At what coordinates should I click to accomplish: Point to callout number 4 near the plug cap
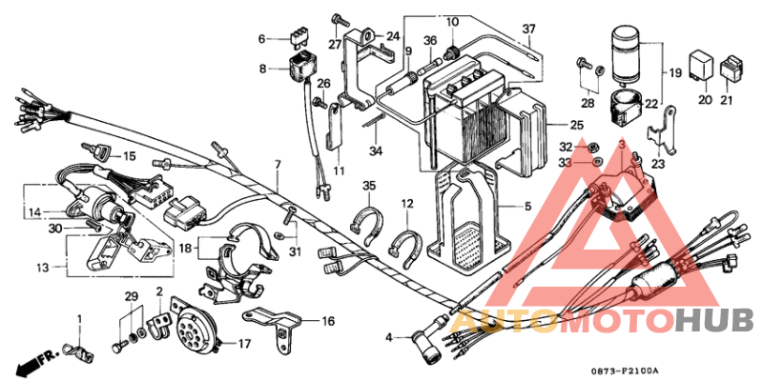pos(389,337)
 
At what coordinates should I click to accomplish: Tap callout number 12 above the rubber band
pos(406,203)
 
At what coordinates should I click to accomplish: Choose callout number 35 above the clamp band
pos(368,185)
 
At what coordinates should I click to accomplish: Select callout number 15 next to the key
pos(129,155)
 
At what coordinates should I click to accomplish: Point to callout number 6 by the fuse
pos(262,39)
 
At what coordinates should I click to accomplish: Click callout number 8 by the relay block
pos(262,69)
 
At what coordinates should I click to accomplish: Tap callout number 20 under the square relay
pos(705,99)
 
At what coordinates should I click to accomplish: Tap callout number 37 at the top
pos(528,28)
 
